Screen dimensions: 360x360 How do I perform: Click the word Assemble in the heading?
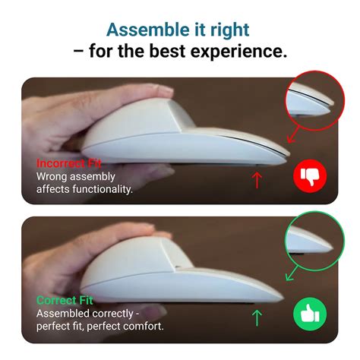[x=141, y=30]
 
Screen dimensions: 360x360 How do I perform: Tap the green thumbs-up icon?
[x=309, y=314]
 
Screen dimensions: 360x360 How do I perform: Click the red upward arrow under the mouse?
[x=257, y=179]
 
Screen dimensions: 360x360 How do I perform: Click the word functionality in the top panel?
[x=96, y=189]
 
